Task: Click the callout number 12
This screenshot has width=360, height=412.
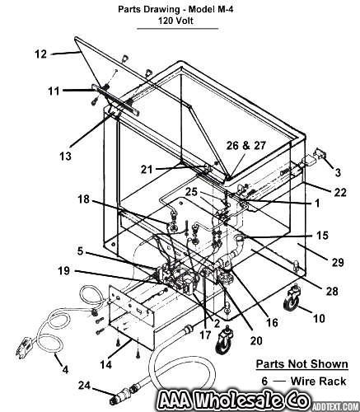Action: [x=41, y=54]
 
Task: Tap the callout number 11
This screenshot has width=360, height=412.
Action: [x=54, y=91]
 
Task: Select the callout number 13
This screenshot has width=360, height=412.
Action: [x=65, y=156]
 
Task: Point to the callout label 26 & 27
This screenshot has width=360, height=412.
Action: [x=246, y=146]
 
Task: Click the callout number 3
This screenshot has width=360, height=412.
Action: [x=338, y=172]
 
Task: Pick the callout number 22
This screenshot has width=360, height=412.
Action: [x=340, y=192]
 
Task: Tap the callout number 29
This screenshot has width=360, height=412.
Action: [x=338, y=262]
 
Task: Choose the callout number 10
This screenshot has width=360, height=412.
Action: [x=319, y=318]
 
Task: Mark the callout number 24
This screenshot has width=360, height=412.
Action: [x=85, y=386]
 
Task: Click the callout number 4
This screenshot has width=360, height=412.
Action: [x=65, y=369]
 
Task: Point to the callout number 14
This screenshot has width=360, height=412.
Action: [x=106, y=364]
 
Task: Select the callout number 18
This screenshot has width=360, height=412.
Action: [x=83, y=199]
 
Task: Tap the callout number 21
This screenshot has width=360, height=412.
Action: [x=147, y=169]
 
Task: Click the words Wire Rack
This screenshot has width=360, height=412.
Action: [x=318, y=382]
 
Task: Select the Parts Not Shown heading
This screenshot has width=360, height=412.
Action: [x=302, y=364]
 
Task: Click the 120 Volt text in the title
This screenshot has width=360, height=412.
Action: [x=175, y=21]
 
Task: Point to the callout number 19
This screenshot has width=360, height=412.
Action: [x=64, y=271]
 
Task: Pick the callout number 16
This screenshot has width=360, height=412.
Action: [x=272, y=322]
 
